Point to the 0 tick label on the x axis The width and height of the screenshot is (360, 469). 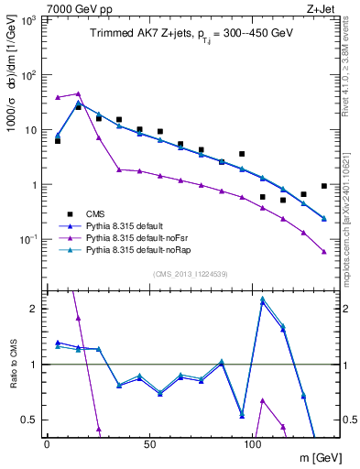tap(47, 444)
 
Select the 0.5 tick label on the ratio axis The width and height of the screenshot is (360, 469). tap(29, 420)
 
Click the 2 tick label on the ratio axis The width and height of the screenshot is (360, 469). tap(34, 309)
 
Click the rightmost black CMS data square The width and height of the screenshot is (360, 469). tap(324, 186)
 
